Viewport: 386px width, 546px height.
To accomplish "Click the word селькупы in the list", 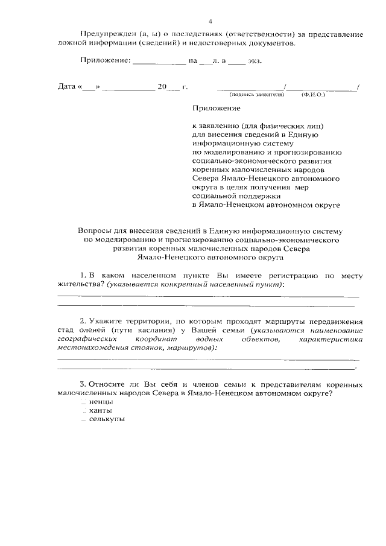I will tap(107, 419).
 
